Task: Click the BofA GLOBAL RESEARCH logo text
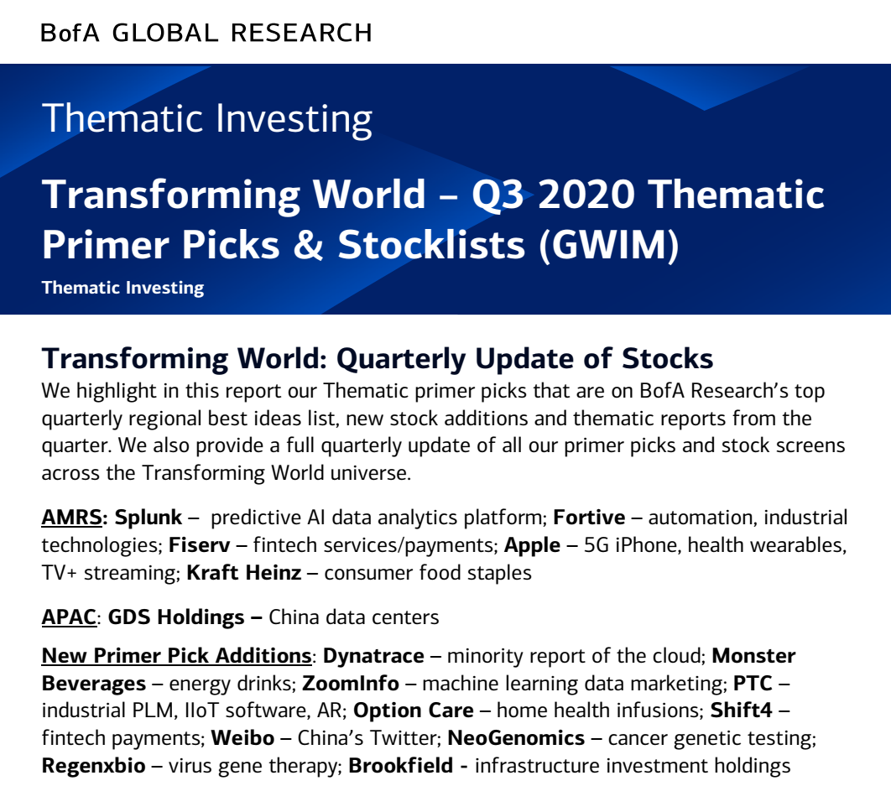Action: pos(206,33)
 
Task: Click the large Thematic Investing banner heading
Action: pos(207,118)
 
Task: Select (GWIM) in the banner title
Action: pos(608,245)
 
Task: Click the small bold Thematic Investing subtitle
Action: pos(122,288)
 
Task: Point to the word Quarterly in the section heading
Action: pos(401,359)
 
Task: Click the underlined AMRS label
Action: pos(71,518)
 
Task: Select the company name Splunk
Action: pos(148,518)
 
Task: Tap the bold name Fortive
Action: pos(589,518)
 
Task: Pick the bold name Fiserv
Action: pos(200,545)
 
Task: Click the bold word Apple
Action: pos(533,545)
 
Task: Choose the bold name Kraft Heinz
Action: pos(244,572)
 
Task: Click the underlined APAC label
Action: pos(69,617)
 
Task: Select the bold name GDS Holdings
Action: pos(176,617)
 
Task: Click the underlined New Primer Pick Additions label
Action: pos(176,656)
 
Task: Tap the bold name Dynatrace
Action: pos(373,656)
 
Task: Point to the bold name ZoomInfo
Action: pos(351,683)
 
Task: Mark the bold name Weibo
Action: pos(242,738)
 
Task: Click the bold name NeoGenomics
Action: pos(516,738)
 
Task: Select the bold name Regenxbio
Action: pos(94,766)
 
